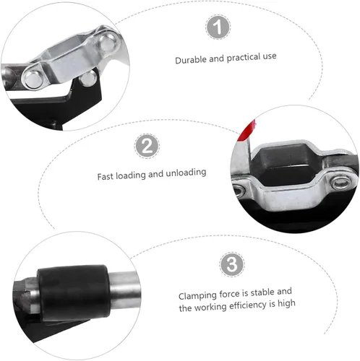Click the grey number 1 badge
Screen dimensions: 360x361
[218, 27]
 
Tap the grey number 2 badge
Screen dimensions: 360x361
[147, 146]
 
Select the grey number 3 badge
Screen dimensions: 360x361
[232, 264]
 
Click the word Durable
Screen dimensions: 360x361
[191, 60]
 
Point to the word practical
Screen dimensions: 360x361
[244, 58]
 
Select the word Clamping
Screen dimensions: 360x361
[197, 295]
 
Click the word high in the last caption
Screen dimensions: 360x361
[286, 304]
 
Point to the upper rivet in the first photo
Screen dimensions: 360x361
[108, 43]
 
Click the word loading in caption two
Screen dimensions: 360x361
[131, 175]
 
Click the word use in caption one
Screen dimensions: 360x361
[270, 56]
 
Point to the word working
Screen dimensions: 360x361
[210, 307]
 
